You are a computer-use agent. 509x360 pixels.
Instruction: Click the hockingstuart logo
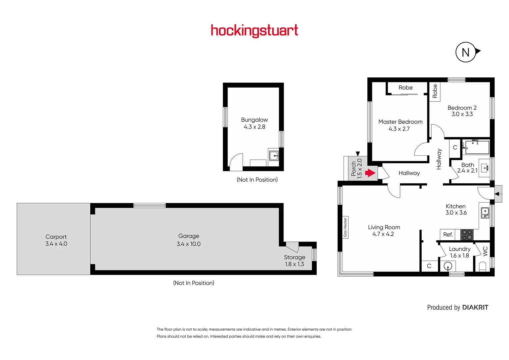click(254, 31)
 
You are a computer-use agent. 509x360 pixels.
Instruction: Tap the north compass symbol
click(466, 52)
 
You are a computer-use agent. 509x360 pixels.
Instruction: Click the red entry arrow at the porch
click(370, 173)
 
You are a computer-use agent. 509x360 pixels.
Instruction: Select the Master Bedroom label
click(400, 122)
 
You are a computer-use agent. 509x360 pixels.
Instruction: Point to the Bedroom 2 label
click(462, 108)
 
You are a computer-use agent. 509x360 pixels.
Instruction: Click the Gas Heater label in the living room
click(345, 227)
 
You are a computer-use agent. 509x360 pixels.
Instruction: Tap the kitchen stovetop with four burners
click(467, 235)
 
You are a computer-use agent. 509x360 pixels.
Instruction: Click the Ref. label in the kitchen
click(448, 235)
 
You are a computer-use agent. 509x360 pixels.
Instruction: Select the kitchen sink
click(485, 213)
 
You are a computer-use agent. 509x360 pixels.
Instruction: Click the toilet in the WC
click(482, 266)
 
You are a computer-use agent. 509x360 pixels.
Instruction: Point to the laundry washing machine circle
click(448, 266)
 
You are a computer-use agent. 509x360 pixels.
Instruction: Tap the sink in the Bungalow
click(274, 155)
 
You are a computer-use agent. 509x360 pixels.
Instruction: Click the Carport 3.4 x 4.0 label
click(56, 240)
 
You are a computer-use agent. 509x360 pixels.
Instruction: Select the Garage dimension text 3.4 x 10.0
click(189, 244)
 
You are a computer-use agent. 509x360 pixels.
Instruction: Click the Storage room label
click(294, 257)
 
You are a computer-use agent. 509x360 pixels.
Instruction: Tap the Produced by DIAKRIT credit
click(457, 307)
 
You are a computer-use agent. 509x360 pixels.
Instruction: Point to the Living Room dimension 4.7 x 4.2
click(383, 234)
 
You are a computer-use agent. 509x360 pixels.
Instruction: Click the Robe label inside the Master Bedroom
click(405, 88)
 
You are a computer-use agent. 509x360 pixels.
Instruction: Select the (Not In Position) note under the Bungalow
click(257, 180)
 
